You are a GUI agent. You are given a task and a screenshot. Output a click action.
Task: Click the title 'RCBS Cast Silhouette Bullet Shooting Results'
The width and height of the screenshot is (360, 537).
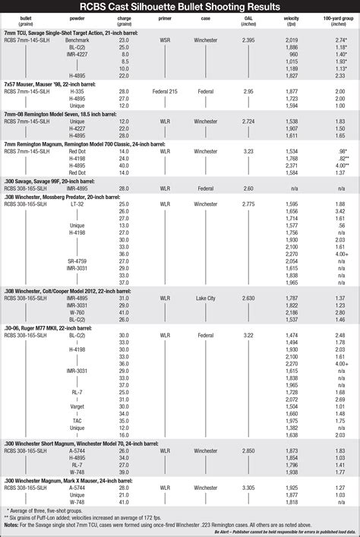[x=180, y=7]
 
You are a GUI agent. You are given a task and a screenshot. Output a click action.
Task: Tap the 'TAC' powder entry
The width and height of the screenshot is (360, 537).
[x=77, y=420]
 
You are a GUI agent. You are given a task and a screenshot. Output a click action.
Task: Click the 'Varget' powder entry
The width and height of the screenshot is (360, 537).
[x=77, y=406]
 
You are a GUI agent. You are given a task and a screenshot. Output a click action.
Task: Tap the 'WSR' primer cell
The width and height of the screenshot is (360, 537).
[x=165, y=40]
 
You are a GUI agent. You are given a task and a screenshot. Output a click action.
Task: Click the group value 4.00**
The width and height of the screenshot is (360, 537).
[x=341, y=165]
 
